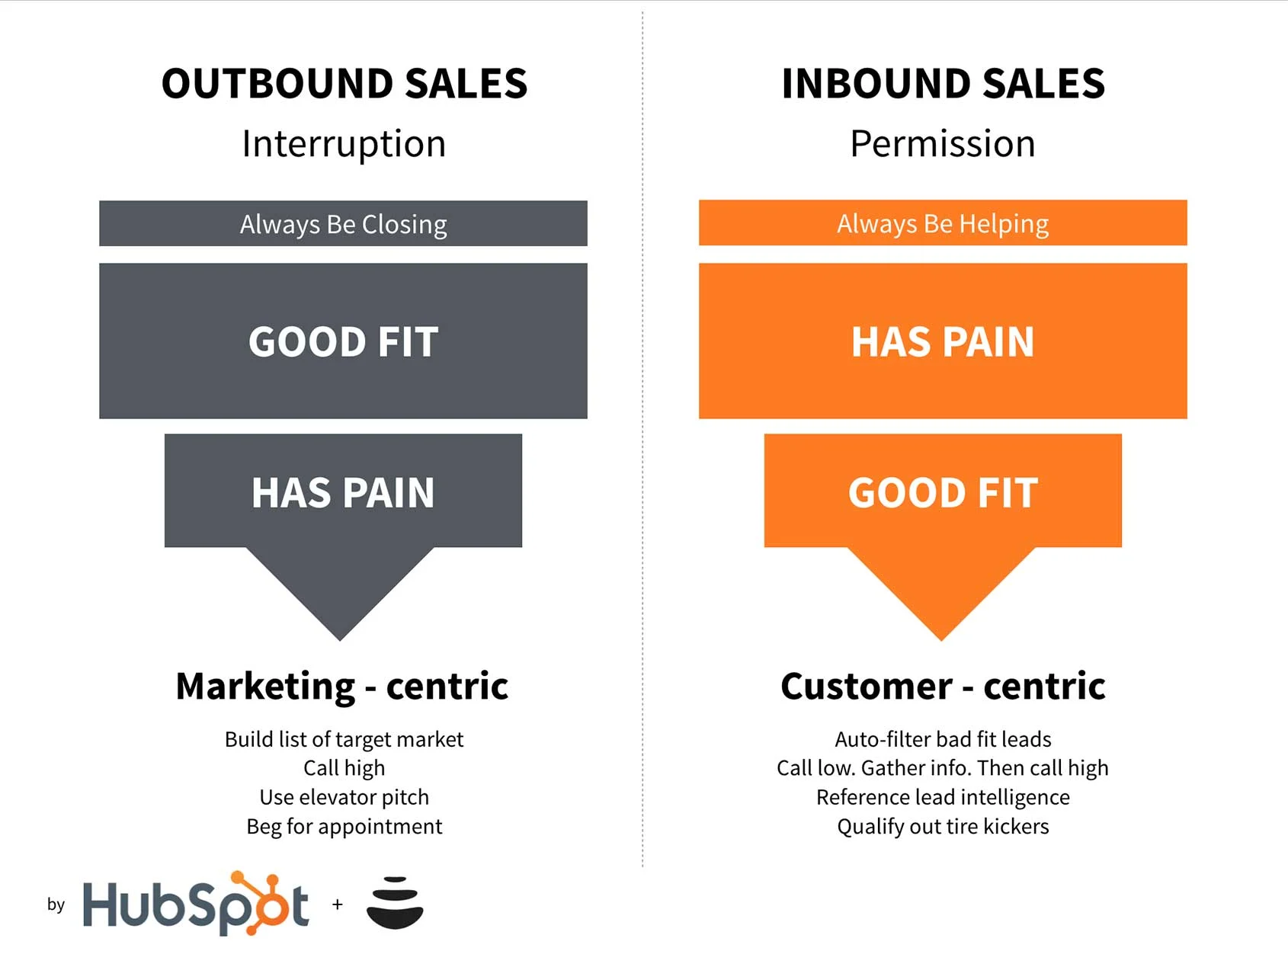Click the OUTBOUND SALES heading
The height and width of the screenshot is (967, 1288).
tap(344, 83)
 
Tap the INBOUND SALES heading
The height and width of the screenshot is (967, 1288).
tap(944, 83)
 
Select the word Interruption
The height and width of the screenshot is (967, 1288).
tap(344, 144)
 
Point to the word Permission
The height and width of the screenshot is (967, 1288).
tap(943, 143)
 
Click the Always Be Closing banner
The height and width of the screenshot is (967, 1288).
tap(343, 223)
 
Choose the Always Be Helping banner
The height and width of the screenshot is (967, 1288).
tap(943, 223)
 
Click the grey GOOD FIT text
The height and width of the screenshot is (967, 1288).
tap(344, 341)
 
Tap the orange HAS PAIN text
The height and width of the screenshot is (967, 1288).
tap(943, 341)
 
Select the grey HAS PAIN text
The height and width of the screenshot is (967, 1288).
tap(343, 492)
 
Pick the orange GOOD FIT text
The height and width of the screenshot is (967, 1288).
tap(944, 492)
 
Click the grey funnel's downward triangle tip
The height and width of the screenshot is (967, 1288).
tap(340, 640)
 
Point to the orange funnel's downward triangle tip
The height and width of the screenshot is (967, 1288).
tap(941, 640)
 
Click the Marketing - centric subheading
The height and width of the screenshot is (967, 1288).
tap(342, 686)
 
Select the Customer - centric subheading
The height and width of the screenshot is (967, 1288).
tap(943, 686)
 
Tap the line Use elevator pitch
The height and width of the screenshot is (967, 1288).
tap(344, 797)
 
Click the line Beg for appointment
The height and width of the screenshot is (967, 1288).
tap(344, 827)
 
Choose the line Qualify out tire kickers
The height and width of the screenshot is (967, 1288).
tap(943, 827)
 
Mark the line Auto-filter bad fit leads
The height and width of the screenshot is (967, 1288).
tap(943, 739)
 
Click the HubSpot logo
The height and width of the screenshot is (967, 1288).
tap(196, 904)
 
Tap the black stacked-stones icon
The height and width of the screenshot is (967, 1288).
tap(395, 903)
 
